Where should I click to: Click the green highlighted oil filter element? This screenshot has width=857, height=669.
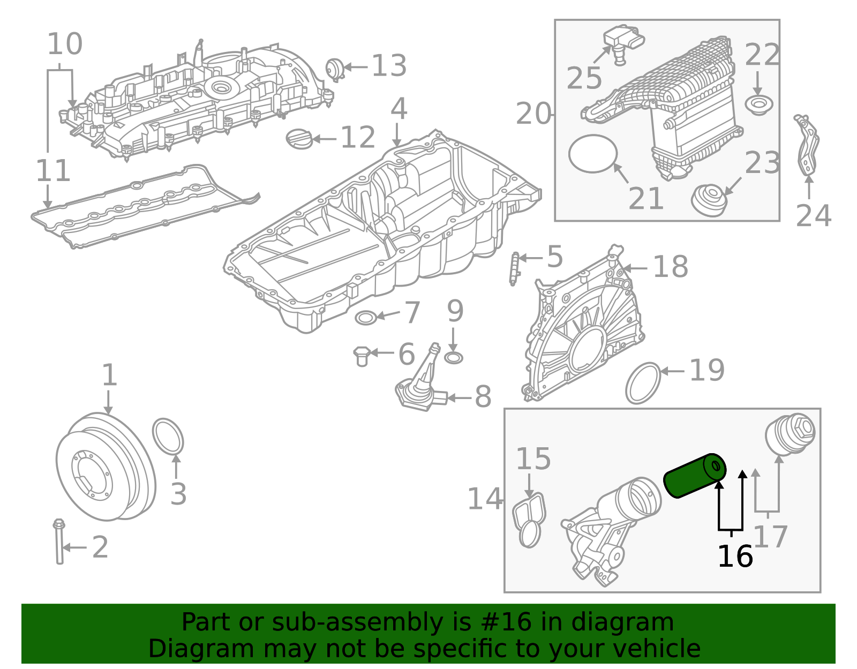coord(694,476)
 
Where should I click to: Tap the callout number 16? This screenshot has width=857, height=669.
coord(735,557)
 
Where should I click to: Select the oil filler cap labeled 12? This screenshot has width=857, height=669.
coord(299,139)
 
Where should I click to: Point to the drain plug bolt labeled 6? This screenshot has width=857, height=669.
coord(362,356)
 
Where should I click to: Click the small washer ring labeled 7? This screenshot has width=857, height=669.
coord(365,318)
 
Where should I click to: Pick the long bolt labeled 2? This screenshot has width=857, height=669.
coord(59,542)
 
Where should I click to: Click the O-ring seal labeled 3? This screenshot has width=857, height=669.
coord(168,436)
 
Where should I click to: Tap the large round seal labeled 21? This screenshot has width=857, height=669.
coord(593,154)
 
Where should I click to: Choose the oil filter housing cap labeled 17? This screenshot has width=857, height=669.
coord(790,434)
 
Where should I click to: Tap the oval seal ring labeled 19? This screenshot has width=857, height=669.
coord(643,383)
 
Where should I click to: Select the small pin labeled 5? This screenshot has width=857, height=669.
coord(515,268)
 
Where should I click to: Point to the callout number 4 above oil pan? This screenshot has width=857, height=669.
coord(399,109)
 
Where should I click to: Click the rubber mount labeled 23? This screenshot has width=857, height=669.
coord(709,200)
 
